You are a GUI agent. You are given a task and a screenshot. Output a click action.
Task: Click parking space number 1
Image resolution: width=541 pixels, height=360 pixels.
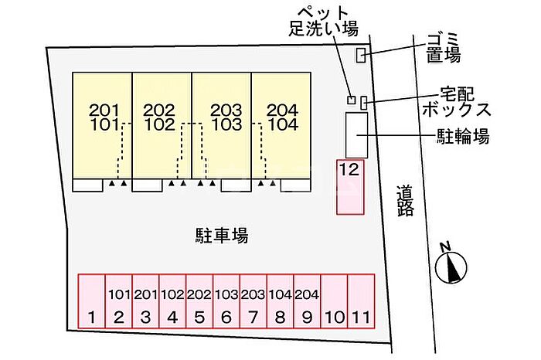tap(91, 301)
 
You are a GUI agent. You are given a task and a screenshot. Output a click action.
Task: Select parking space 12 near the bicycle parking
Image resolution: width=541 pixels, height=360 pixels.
tap(349, 186)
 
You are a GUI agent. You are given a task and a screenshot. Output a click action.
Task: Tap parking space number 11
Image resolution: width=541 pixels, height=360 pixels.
tap(361, 301)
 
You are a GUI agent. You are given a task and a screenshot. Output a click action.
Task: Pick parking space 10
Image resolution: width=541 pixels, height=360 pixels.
tap(334, 301)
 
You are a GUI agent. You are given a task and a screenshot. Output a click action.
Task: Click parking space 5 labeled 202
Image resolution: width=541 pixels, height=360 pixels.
tap(199, 301)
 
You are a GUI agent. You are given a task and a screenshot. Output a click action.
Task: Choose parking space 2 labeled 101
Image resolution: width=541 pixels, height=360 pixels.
tap(118, 301)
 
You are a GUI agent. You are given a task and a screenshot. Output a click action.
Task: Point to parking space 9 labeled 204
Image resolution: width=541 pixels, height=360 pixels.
tap(307, 301)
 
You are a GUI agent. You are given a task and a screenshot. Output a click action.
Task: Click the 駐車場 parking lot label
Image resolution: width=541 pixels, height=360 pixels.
tap(221, 235)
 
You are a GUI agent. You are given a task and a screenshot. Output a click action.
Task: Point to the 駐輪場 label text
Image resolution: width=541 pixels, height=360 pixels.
tap(460, 138)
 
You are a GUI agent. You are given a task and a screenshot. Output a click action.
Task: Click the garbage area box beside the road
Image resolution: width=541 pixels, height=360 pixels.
tap(360, 55)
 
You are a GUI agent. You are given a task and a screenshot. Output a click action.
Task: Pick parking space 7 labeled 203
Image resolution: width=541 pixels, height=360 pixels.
tap(253, 301)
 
